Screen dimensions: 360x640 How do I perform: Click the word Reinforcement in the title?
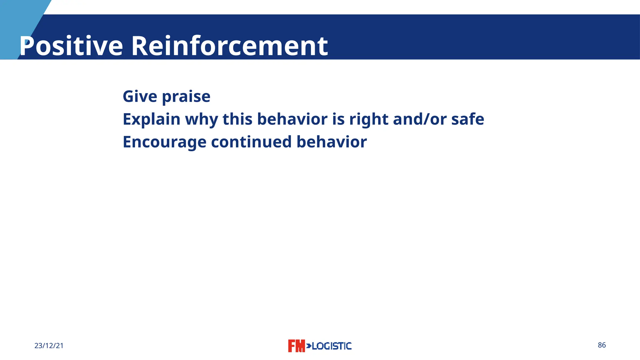[229, 46]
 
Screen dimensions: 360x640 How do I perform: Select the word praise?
[186, 97]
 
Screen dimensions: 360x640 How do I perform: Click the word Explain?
[152, 119]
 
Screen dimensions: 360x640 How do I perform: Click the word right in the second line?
[368, 119]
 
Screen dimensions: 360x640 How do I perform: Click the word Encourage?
[164, 142]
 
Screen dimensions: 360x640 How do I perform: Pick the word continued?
[251, 142]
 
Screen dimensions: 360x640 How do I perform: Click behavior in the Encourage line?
[332, 142]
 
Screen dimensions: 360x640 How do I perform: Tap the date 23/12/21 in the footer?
[49, 346]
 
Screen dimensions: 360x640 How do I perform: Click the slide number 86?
[602, 345]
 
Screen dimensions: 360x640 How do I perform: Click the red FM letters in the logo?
[296, 346]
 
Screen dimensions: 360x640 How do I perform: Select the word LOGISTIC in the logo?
[332, 346]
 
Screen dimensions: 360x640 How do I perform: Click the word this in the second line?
[237, 119]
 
